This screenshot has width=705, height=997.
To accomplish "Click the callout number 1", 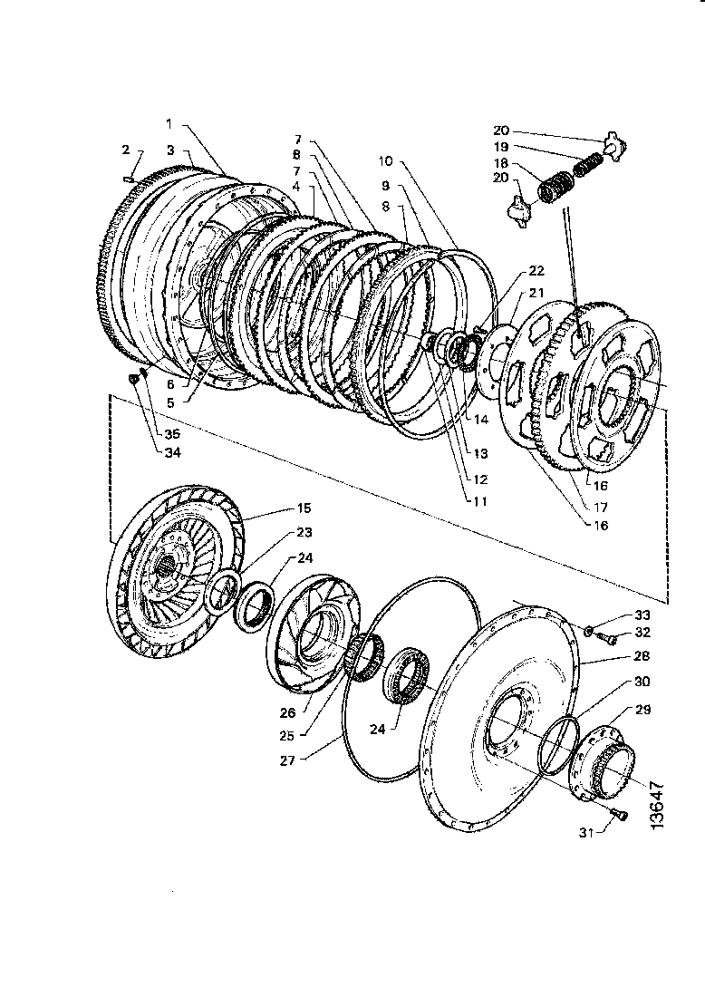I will tap(169, 122).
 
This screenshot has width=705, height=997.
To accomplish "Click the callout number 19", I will tap(500, 146).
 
